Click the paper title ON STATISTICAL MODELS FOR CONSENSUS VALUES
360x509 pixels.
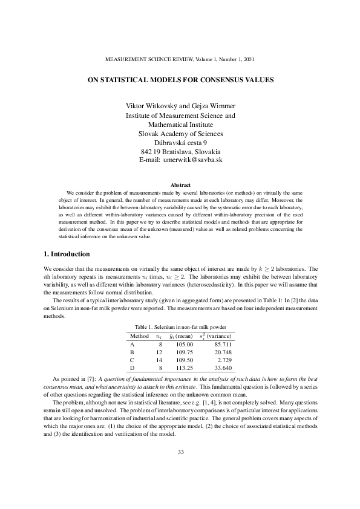180,79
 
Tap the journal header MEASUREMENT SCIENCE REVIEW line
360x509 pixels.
180,60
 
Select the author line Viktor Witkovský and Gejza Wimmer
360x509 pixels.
180,106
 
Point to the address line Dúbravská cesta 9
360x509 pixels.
180,142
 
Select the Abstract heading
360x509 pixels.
180,184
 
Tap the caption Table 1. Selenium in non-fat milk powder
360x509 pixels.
180,326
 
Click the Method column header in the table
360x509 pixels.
139,336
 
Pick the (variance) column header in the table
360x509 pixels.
220,336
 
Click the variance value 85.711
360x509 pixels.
222,344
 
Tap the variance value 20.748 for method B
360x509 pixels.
222,352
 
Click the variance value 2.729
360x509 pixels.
224,360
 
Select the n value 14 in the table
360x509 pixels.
159,360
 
